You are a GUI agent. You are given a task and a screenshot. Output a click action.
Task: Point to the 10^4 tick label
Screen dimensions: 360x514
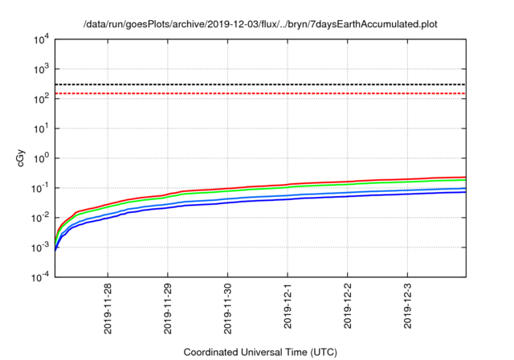pos(41,39)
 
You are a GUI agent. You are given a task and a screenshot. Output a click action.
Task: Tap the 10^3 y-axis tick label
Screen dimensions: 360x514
pos(41,68)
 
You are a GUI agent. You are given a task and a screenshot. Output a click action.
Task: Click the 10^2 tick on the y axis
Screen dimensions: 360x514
pos(41,98)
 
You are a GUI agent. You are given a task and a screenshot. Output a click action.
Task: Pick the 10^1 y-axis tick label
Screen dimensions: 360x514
pos(41,128)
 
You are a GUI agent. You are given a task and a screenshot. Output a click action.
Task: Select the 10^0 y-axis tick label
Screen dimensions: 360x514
pos(41,157)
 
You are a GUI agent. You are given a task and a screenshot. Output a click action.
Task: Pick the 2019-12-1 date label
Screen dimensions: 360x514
pos(288,305)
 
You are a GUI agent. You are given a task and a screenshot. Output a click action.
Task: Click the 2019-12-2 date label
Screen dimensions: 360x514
pos(347,305)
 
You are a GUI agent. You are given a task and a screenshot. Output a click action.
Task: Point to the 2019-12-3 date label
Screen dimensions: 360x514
pos(407,305)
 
